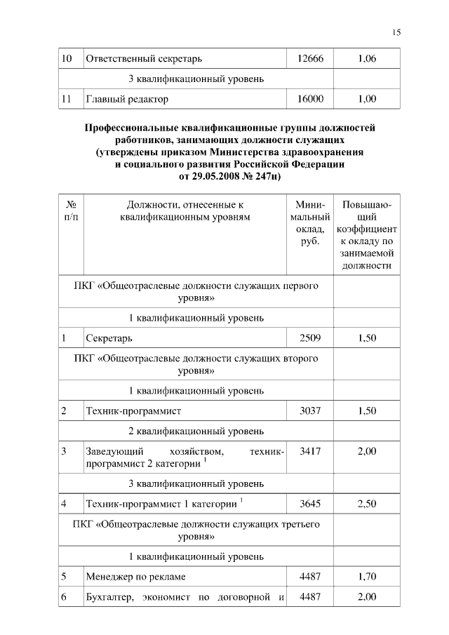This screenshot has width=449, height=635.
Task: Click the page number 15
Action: pos(396,32)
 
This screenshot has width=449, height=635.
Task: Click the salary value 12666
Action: pos(310,58)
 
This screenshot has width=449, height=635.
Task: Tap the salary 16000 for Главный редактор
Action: pos(310,99)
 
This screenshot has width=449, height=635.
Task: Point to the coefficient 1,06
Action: pos(366,58)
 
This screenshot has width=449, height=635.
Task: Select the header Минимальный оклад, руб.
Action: pos(310,223)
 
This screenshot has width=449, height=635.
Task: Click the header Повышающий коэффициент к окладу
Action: pos(366,235)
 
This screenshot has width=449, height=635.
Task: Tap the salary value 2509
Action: pos(310,337)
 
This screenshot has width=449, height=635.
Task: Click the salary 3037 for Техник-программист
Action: pos(310,410)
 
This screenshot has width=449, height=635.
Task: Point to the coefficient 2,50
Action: pos(366,504)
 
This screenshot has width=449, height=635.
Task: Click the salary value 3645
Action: pos(310,504)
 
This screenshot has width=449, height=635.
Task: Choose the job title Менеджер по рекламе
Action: pos(134,577)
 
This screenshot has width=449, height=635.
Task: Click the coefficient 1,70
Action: pos(366,577)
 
